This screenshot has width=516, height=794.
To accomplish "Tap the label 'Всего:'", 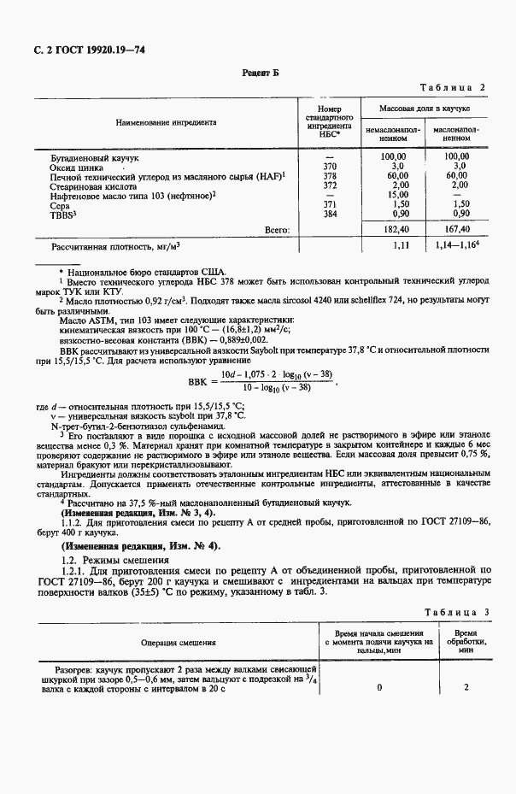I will [x=278, y=229].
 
